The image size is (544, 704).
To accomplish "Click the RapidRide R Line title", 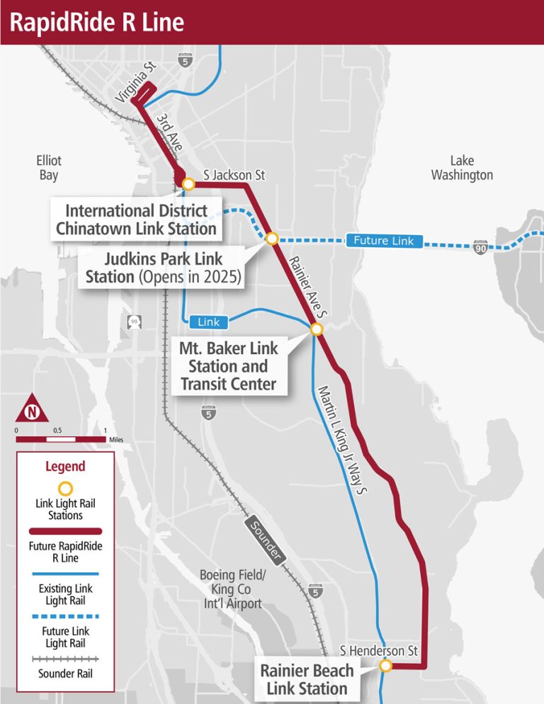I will [x=96, y=23].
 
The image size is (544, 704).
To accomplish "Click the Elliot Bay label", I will [x=49, y=168].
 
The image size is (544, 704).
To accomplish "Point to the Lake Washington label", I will [x=462, y=168].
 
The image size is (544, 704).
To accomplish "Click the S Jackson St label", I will [x=234, y=174].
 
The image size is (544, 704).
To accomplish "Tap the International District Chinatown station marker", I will [x=188, y=184].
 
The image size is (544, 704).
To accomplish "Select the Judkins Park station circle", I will [x=272, y=239].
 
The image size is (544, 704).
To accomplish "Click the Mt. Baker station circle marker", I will [x=317, y=329].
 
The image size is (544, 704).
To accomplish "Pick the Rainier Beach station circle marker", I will [x=385, y=666].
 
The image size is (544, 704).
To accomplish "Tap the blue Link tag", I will [x=209, y=322].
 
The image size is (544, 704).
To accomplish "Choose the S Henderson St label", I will [x=379, y=650].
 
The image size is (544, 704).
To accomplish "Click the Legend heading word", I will [x=65, y=467].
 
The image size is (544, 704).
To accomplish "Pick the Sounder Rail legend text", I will [x=65, y=673].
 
